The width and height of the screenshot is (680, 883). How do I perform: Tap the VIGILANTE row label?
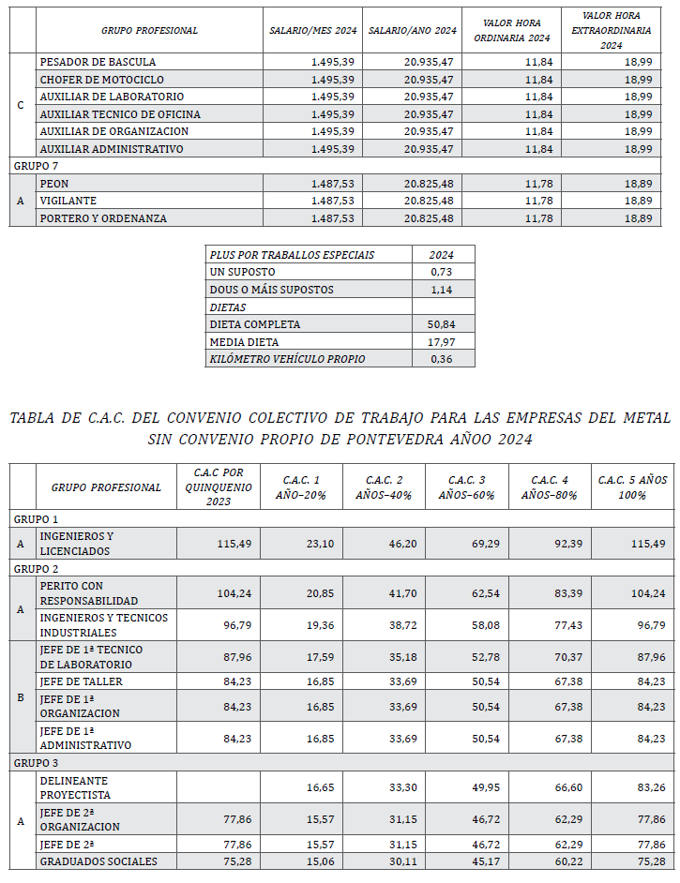point(68,201)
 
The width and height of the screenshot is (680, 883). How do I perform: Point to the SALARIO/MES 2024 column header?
point(312,31)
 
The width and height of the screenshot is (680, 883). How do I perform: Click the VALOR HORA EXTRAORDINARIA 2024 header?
point(612,30)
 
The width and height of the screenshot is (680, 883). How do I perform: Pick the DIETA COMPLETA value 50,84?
point(443,324)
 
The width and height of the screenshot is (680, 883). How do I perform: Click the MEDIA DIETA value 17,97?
point(443,341)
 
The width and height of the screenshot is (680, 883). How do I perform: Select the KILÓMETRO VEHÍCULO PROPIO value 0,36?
point(443,359)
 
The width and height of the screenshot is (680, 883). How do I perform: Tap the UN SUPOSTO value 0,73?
point(443,272)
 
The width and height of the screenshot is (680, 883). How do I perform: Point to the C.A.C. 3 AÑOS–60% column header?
point(466,486)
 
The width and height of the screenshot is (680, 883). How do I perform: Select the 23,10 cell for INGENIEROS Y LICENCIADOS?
point(300,544)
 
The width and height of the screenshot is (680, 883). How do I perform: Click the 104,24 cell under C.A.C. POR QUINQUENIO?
point(218,593)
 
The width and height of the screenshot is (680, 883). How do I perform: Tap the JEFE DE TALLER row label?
point(81,681)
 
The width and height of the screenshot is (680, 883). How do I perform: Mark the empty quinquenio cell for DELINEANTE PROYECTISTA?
point(218,787)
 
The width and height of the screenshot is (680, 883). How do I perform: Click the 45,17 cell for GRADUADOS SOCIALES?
point(466,861)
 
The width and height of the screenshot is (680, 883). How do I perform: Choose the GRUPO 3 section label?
point(37,762)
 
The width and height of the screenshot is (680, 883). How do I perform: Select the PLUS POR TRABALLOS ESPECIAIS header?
point(292,255)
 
